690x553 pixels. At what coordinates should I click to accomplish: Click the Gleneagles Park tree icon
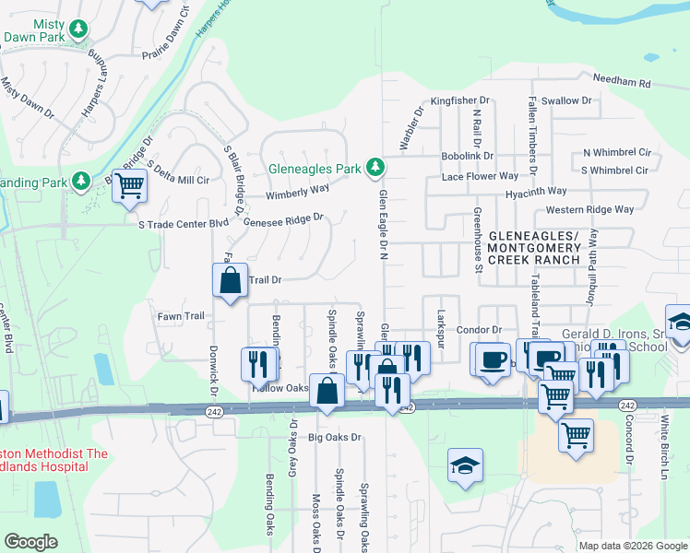(375, 167)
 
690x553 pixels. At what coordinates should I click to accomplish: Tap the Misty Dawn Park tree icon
(79, 29)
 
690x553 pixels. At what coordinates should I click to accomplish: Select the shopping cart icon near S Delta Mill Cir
(129, 185)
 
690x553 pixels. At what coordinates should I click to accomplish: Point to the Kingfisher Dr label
(460, 100)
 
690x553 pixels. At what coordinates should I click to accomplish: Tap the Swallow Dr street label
(566, 100)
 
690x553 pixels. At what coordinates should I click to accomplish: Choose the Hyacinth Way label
(536, 192)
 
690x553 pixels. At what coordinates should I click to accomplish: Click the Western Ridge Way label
(596, 209)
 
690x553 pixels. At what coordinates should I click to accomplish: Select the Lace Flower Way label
(480, 175)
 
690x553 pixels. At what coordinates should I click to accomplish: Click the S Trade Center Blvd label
(183, 224)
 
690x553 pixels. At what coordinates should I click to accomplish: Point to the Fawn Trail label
(181, 316)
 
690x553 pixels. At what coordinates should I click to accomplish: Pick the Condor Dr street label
(478, 330)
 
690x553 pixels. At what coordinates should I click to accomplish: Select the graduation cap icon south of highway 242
(465, 466)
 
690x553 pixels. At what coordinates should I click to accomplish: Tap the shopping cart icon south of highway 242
(576, 434)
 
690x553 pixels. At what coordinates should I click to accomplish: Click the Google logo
(30, 542)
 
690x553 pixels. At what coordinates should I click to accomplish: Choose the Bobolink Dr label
(468, 157)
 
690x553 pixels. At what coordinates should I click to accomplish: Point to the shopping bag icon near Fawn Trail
(230, 281)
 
